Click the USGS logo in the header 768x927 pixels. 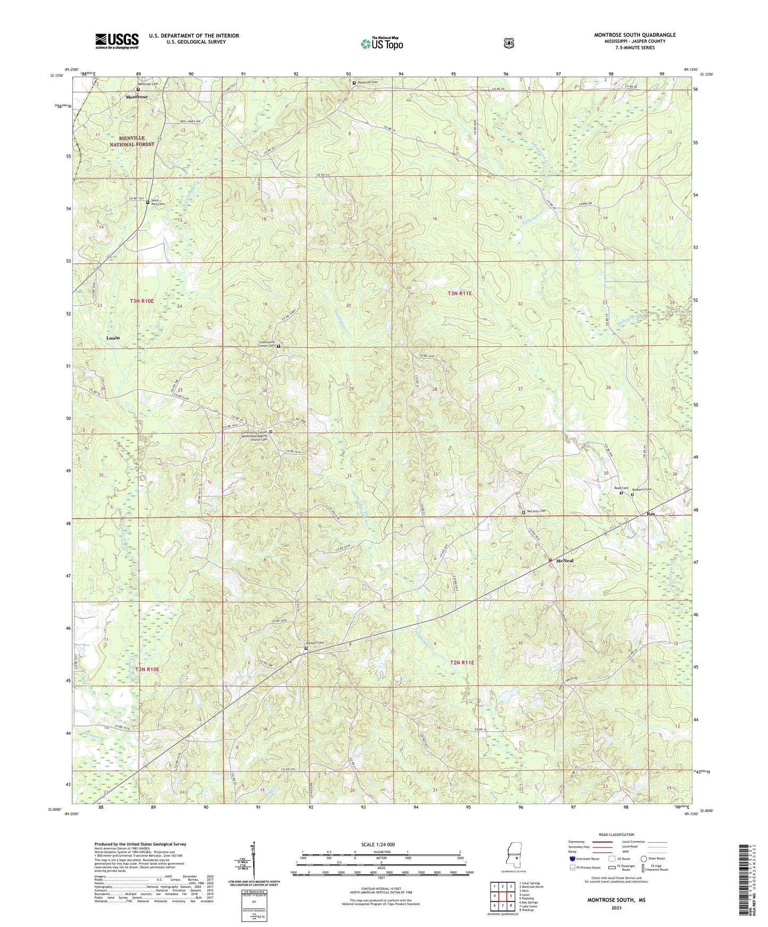click(117, 41)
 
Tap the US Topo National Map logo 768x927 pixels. click(381, 43)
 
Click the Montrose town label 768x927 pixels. click(137, 97)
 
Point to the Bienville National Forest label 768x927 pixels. click(132, 141)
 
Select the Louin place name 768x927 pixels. click(113, 338)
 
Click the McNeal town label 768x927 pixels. click(564, 561)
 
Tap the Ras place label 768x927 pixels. click(651, 514)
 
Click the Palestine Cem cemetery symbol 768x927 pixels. click(354, 83)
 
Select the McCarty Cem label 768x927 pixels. click(536, 511)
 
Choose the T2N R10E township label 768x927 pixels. click(147, 669)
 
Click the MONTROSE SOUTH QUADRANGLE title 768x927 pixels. click(635, 35)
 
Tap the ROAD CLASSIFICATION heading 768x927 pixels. click(616, 835)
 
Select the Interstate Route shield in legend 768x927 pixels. click(572, 859)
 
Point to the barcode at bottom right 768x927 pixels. click(744, 879)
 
